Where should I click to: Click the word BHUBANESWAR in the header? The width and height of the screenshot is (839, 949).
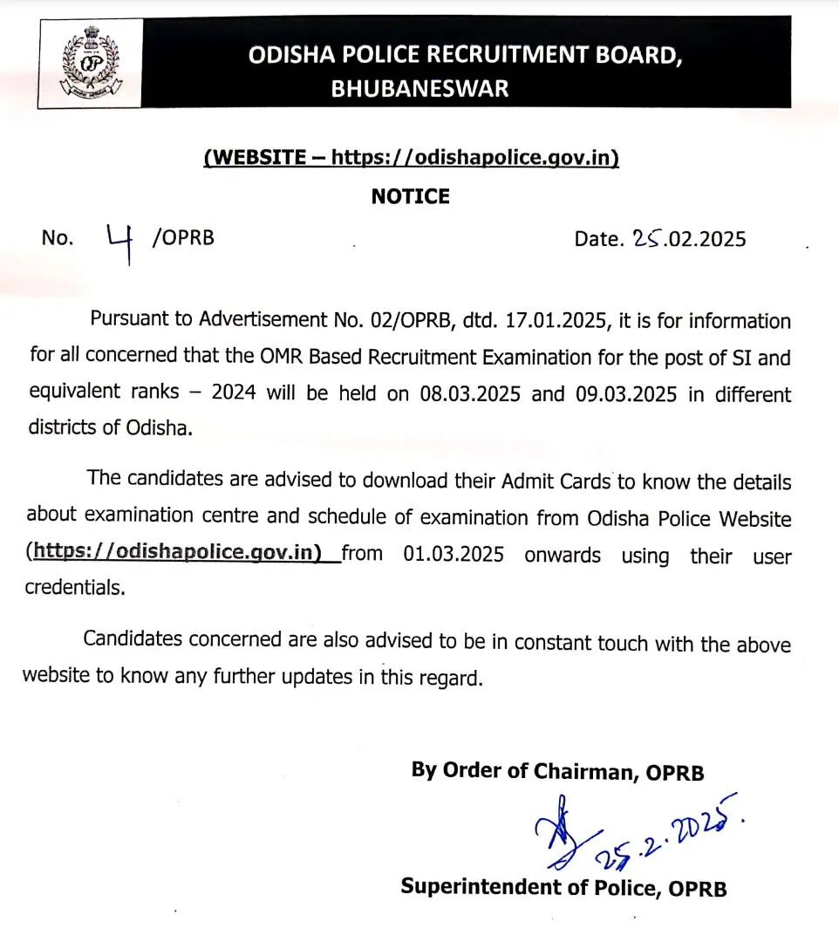pyautogui.click(x=419, y=88)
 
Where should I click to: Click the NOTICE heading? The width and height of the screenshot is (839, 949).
pyautogui.click(x=411, y=197)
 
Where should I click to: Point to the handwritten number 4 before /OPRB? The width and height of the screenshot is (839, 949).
pyautogui.click(x=119, y=242)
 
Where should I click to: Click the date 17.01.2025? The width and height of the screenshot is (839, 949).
pyautogui.click(x=555, y=319)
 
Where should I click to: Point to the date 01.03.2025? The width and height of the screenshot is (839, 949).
pyautogui.click(x=454, y=555)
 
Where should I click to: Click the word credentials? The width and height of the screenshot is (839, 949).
pyautogui.click(x=74, y=588)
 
